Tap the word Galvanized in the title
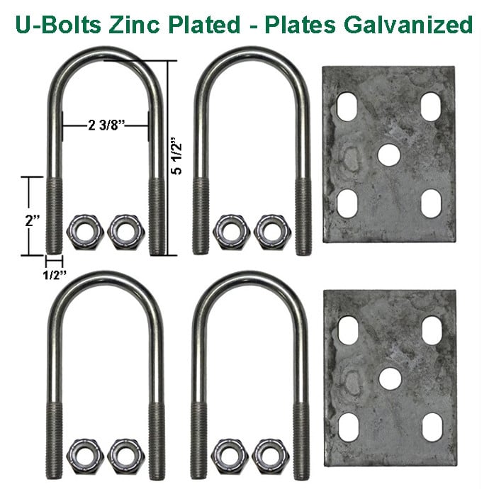coord(407,23)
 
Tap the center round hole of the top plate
coord(388,154)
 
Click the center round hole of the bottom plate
coord(388,377)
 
